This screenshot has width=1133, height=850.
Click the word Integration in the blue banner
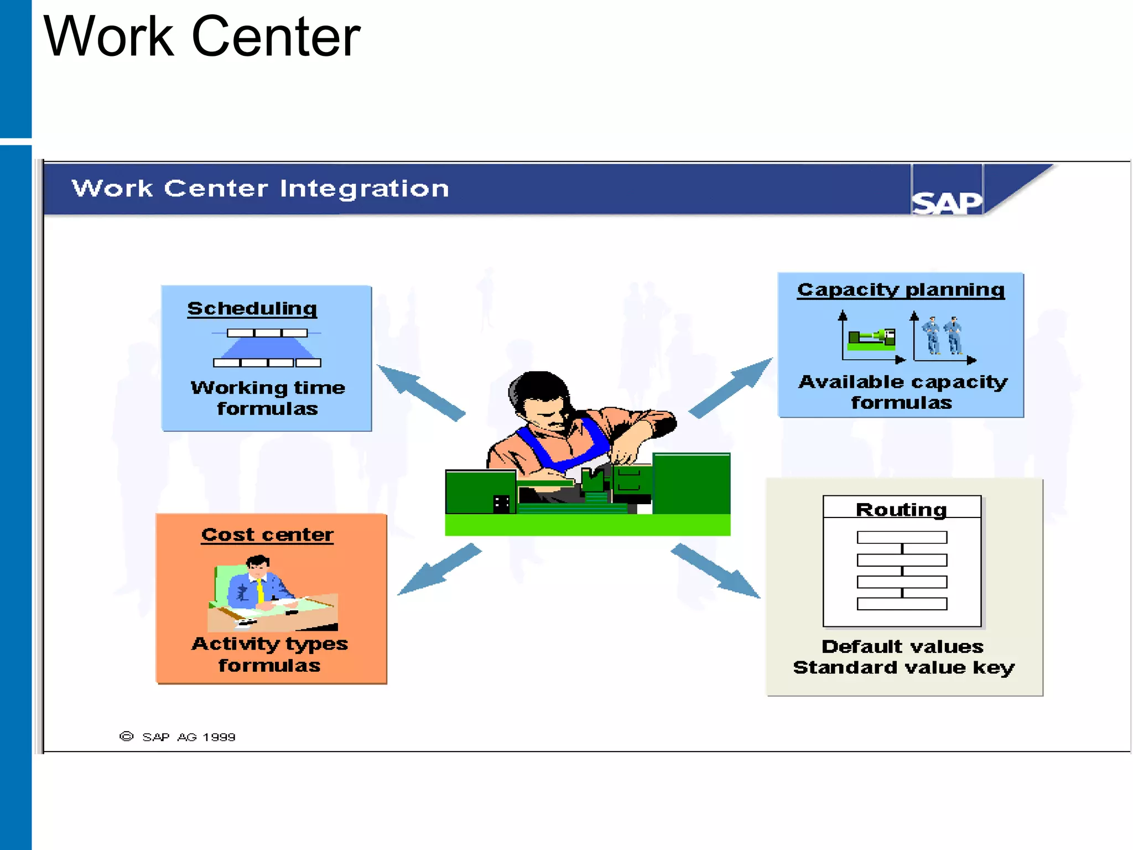(364, 189)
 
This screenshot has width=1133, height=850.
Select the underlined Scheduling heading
(252, 308)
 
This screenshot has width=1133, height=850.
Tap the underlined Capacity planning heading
(901, 289)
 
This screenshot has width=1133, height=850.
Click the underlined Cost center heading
(267, 535)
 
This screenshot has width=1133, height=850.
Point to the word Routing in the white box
(901, 509)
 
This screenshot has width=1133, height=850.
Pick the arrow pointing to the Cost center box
(439, 569)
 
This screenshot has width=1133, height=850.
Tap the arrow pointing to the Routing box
(716, 571)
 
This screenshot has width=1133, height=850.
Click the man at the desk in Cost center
(258, 587)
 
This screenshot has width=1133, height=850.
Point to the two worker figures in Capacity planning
(943, 335)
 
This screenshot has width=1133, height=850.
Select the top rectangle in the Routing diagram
(902, 537)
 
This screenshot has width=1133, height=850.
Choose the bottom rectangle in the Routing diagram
(902, 604)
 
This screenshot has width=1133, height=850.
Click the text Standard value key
(903, 667)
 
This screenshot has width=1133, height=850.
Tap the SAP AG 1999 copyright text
(188, 737)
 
